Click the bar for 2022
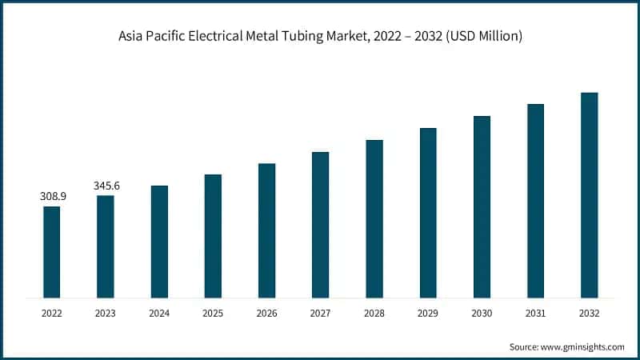point(51,252)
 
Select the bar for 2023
point(106,246)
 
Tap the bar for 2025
point(213,236)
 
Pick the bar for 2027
point(320,225)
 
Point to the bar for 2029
point(428,213)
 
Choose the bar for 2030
point(482,207)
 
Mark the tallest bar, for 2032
point(589,195)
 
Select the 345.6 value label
point(106,186)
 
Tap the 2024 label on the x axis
point(159,314)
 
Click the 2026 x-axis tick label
point(266,314)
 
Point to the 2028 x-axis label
point(374,314)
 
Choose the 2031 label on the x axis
point(535,314)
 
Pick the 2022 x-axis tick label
point(51,314)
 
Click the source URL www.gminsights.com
point(582,347)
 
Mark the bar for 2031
point(535,201)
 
